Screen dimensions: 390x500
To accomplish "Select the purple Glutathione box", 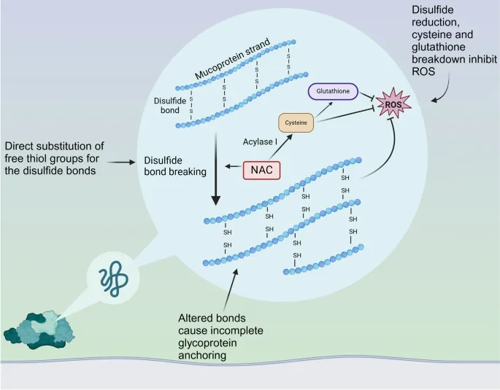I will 332,92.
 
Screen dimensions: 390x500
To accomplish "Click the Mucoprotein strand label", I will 234,60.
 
